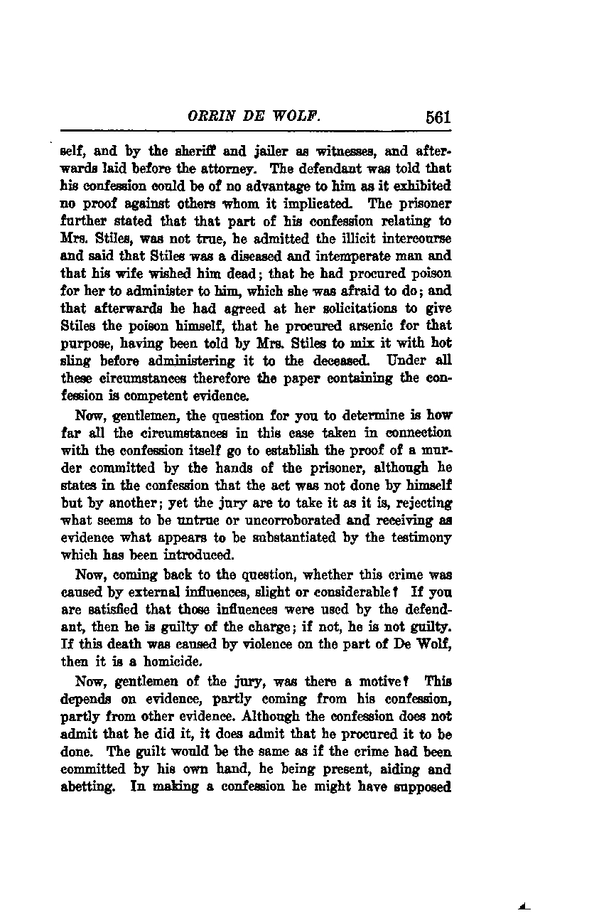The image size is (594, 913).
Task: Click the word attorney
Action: pos(232,169)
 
